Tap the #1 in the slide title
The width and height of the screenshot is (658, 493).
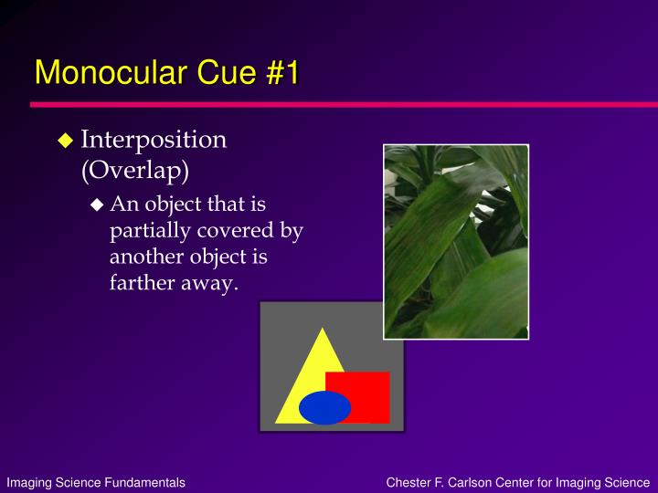coord(282,72)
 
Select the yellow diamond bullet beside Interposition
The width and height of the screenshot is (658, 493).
coord(65,141)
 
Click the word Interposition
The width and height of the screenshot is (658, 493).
coord(154,139)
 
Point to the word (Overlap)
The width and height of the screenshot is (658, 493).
coord(135,170)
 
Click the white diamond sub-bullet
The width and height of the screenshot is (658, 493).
coord(97,205)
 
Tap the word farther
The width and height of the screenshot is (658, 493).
coord(143,282)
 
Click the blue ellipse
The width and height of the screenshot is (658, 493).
coord(324,407)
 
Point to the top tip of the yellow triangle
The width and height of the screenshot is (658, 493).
coord(323,328)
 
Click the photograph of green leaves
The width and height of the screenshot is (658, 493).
coord(456,242)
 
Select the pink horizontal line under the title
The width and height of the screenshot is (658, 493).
coord(345,104)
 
